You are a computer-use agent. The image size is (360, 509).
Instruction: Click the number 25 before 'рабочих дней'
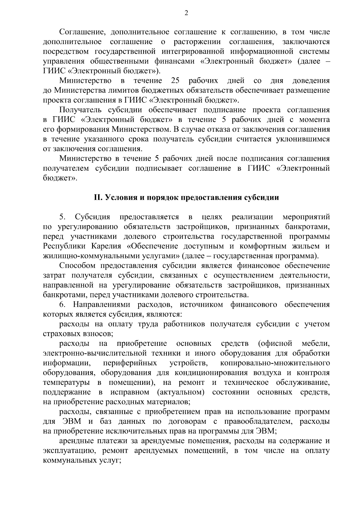point(175,81)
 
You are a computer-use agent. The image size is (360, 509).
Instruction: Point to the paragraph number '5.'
point(62,217)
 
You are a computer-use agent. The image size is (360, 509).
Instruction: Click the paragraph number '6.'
point(62,305)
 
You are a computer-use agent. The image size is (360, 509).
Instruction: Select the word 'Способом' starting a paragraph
point(76,266)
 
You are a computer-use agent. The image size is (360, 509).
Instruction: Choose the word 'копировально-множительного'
point(275,363)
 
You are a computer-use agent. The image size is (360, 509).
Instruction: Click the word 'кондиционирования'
point(211,373)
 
